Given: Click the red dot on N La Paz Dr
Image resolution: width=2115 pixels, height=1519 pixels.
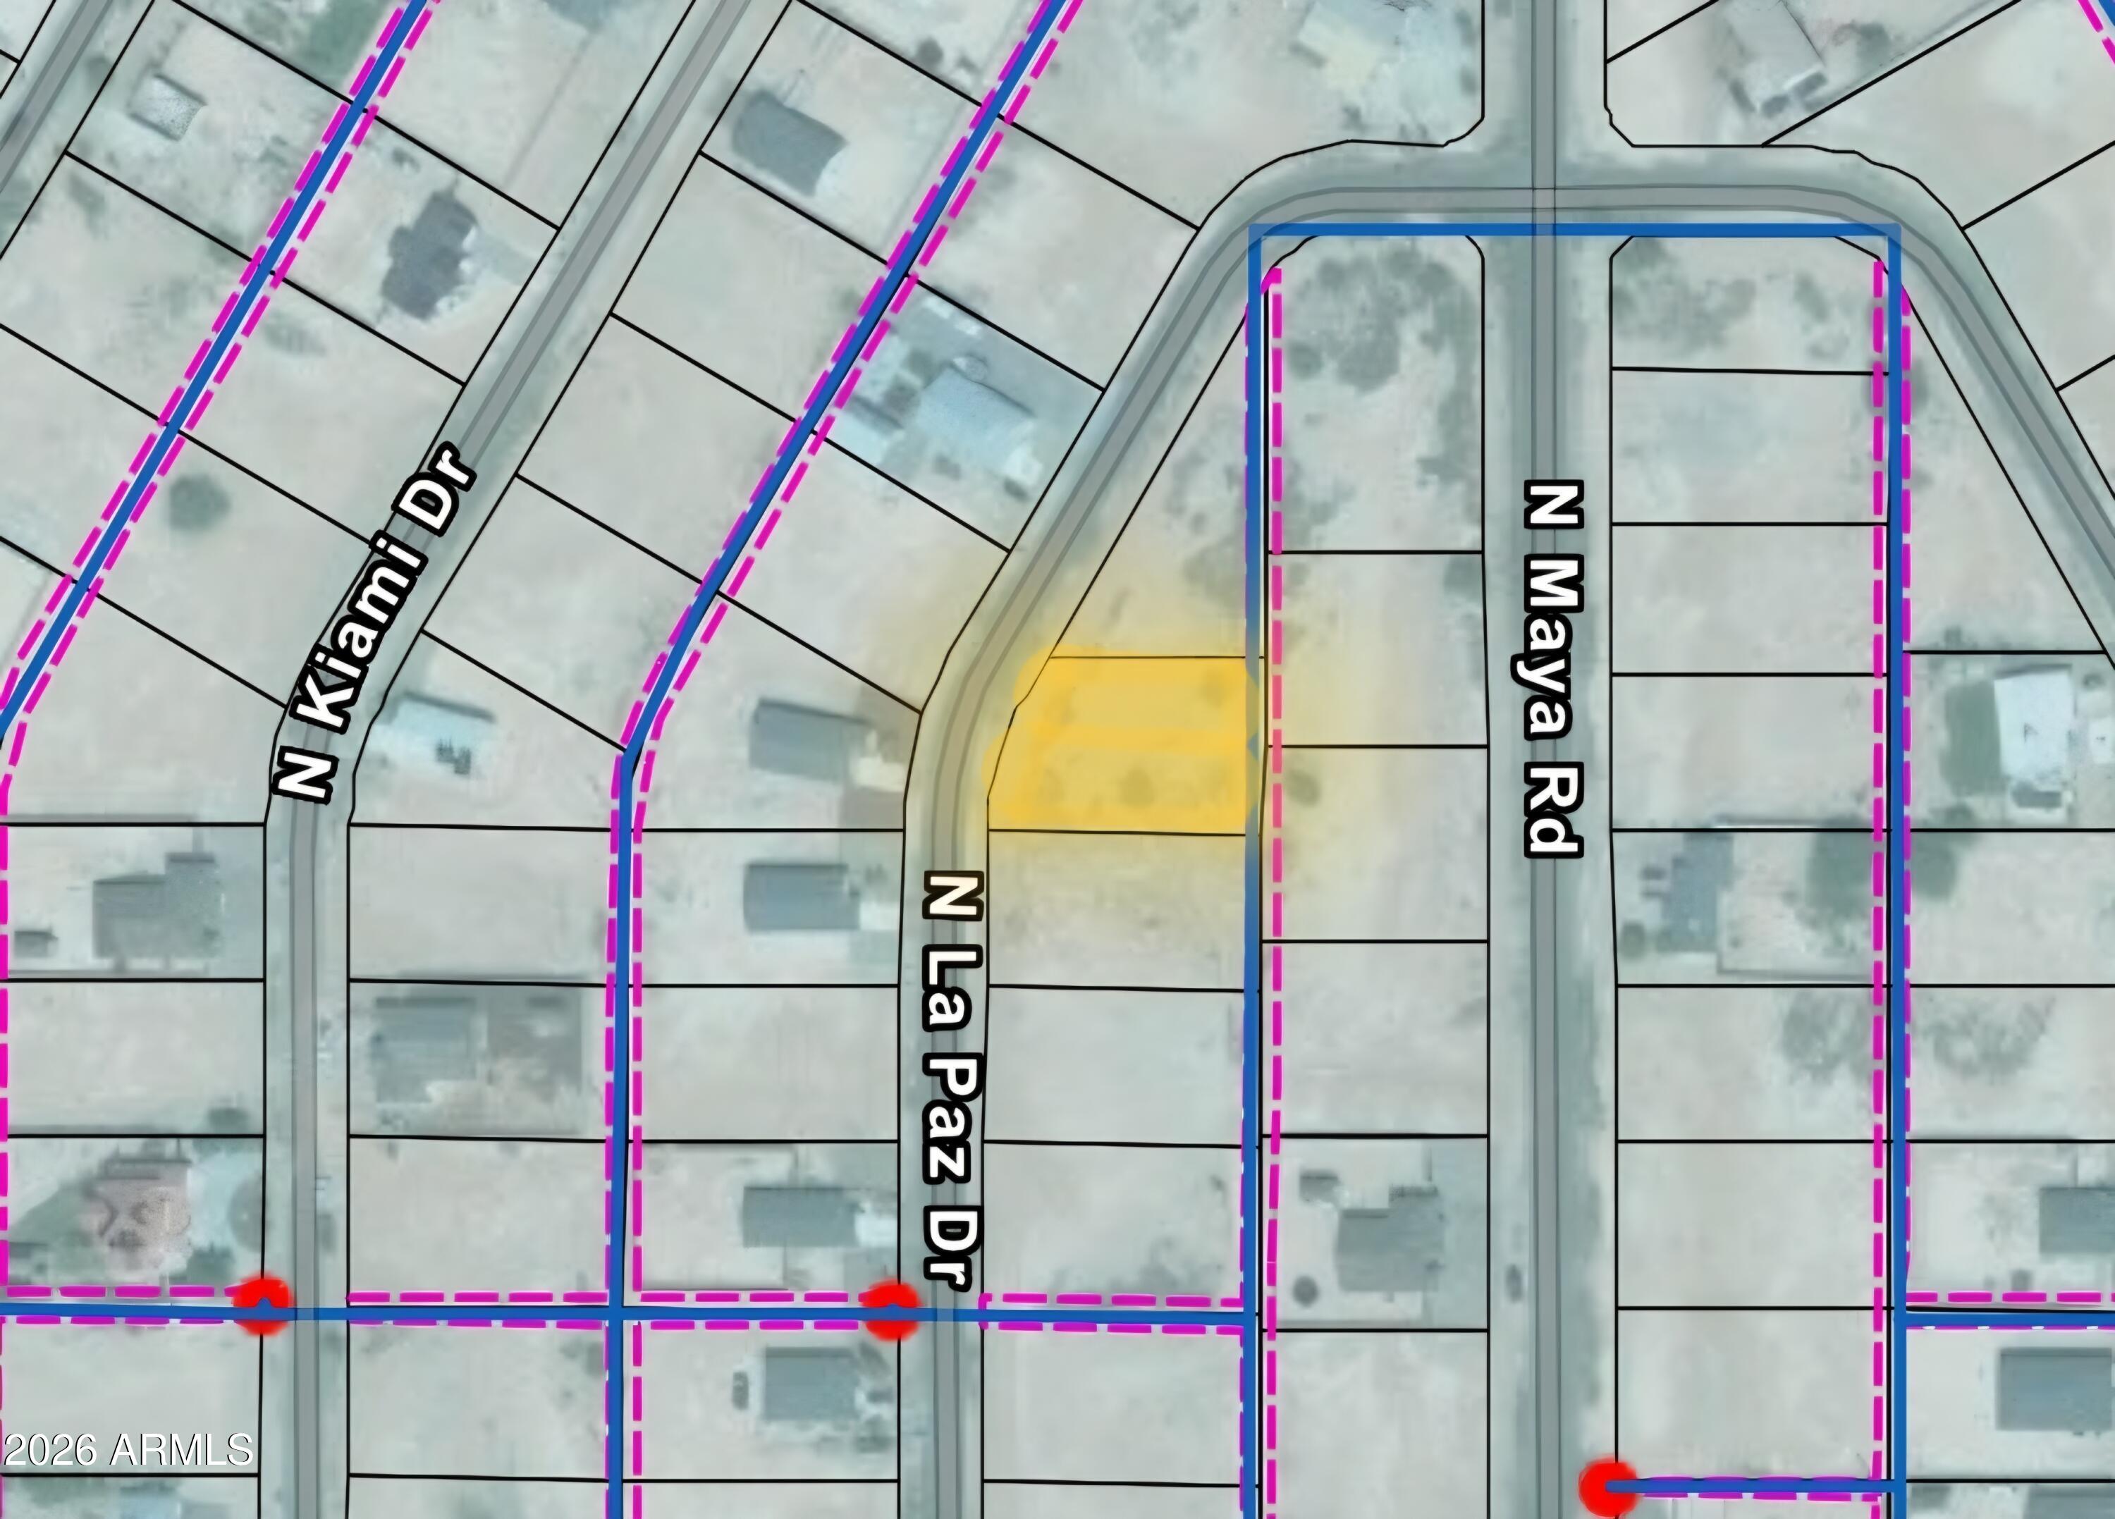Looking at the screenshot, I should click(890, 1310).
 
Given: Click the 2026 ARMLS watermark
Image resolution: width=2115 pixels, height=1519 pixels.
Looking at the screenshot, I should click(127, 1449).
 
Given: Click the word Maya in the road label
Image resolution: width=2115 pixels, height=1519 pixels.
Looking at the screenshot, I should click(1552, 653).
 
